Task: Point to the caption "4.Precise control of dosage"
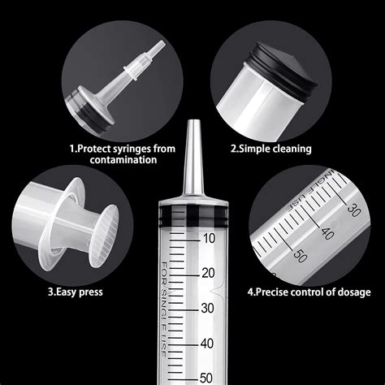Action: [x=309, y=292]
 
